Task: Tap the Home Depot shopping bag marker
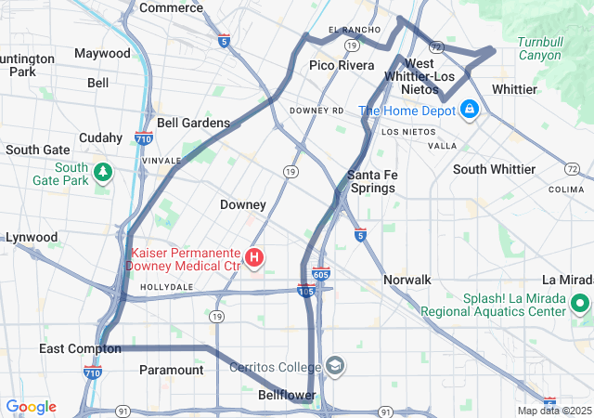point(470,111)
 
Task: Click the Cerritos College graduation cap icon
point(334,366)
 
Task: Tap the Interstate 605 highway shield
point(321,272)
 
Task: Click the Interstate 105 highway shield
point(305,290)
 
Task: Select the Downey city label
point(243,204)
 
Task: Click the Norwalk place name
point(407,280)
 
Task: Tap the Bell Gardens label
point(193,123)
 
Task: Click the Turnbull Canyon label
point(539,48)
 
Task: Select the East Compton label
point(80,348)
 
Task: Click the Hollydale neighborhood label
point(167,288)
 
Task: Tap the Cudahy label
point(100,137)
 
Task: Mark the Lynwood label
point(32,237)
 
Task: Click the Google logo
point(31,407)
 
